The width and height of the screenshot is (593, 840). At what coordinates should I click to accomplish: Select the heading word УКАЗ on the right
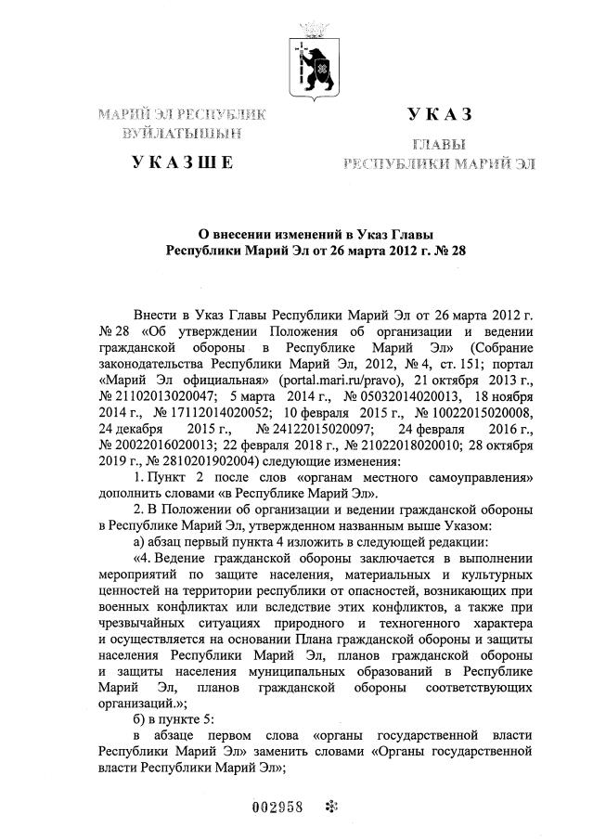point(439,114)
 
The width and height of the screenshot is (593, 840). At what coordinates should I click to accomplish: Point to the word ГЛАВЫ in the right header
point(439,146)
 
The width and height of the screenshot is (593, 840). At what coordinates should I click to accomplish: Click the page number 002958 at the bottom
point(278,805)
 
